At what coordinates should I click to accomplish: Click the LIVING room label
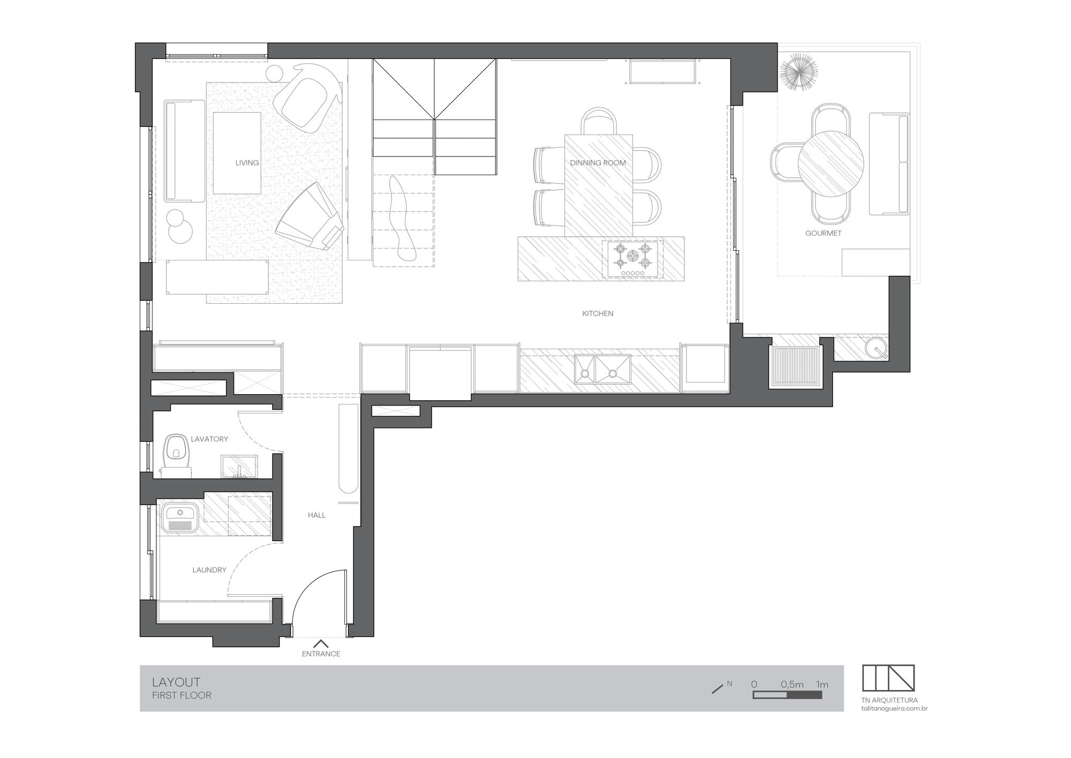click(247, 163)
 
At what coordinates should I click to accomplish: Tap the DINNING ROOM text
click(598, 163)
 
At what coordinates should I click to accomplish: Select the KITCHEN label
click(598, 313)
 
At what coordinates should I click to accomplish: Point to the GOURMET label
click(823, 233)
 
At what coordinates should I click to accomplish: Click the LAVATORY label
click(209, 439)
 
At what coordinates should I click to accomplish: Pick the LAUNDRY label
click(209, 570)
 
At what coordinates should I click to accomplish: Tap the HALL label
click(316, 515)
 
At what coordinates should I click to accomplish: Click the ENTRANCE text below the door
click(321, 654)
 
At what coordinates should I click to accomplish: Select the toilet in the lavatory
click(176, 456)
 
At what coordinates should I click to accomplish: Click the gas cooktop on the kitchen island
click(632, 259)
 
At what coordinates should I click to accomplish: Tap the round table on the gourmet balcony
click(831, 163)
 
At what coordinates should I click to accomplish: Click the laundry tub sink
click(179, 517)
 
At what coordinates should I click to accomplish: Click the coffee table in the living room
click(237, 153)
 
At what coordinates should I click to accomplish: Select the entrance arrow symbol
click(321, 644)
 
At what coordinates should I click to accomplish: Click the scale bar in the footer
click(787, 695)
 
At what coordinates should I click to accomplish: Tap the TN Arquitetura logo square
click(888, 678)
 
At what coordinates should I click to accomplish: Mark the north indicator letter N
click(729, 684)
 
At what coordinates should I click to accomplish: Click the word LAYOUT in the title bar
click(176, 682)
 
